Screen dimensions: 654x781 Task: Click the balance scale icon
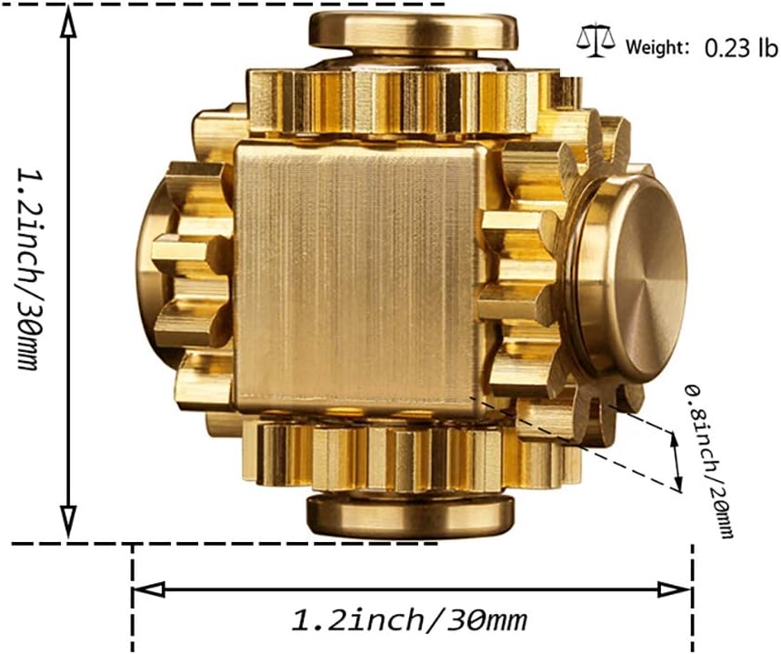click(x=595, y=41)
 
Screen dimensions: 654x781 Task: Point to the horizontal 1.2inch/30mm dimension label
click(x=409, y=621)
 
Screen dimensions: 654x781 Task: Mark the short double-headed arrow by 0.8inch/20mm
click(x=674, y=459)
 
